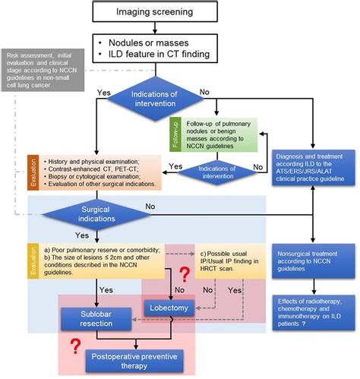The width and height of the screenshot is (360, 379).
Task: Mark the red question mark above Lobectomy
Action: [x=182, y=276]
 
